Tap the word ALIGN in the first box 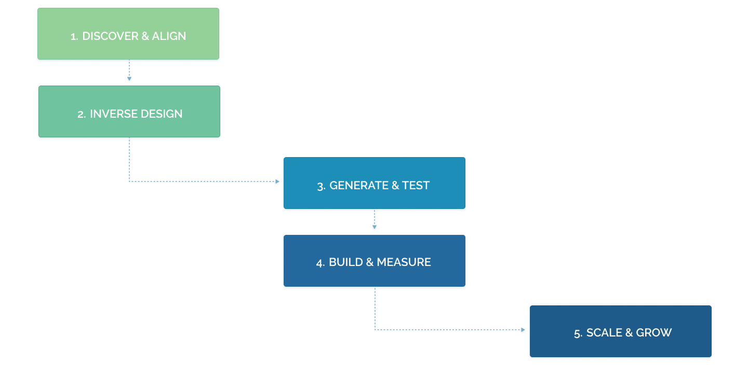(x=169, y=36)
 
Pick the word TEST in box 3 (x=416, y=186)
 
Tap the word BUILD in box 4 (x=345, y=262)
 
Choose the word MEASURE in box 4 (x=404, y=262)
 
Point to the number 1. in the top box (x=75, y=37)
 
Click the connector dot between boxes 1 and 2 (x=129, y=79)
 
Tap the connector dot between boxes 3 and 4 (x=374, y=227)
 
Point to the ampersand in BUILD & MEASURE (x=369, y=262)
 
